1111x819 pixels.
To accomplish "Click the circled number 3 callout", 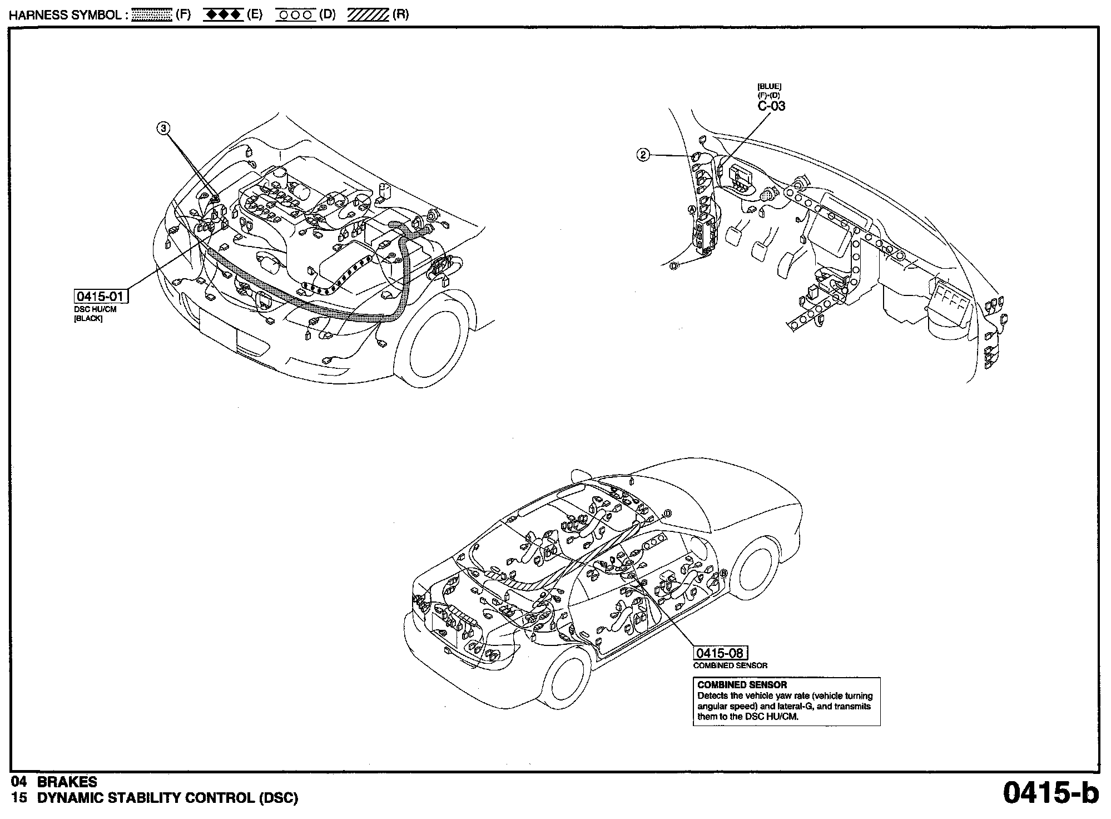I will (163, 129).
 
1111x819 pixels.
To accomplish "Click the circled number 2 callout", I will (643, 155).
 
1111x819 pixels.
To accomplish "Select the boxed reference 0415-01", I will (101, 296).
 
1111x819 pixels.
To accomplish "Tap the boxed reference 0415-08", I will (720, 653).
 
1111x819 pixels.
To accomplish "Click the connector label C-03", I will (771, 106).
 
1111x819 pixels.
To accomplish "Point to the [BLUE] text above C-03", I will (769, 86).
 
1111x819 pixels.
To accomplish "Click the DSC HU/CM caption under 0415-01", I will (95, 309).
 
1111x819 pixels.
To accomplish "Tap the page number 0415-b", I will (1050, 793).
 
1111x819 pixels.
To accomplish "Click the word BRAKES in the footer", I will (67, 782).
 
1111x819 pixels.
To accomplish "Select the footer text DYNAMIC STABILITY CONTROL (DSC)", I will (167, 798).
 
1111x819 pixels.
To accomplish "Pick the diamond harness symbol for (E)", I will (223, 15).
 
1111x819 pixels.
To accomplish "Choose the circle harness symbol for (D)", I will (295, 15).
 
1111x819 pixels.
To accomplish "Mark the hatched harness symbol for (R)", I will (368, 15).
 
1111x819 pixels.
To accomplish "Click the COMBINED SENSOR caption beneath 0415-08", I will (730, 665).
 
